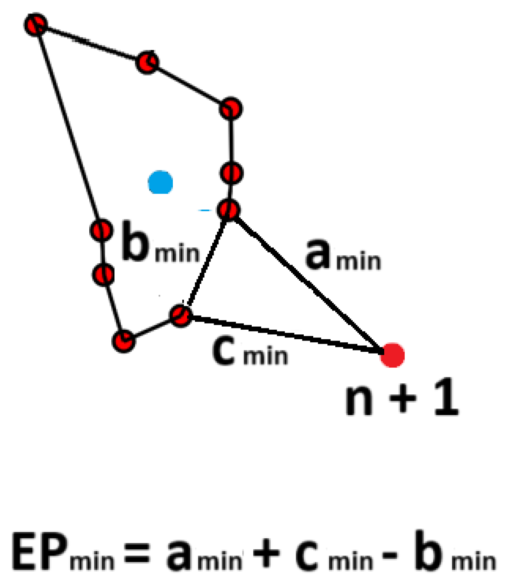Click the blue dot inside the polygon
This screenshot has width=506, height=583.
[160, 182]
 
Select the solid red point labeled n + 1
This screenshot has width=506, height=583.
[392, 355]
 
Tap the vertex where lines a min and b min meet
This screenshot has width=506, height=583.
[228, 211]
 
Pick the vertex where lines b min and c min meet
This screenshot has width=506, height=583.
[181, 315]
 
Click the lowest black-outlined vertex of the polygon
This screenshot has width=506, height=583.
[123, 341]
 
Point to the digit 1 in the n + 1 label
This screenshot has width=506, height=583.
[446, 396]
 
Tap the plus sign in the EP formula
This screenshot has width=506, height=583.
[269, 554]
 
